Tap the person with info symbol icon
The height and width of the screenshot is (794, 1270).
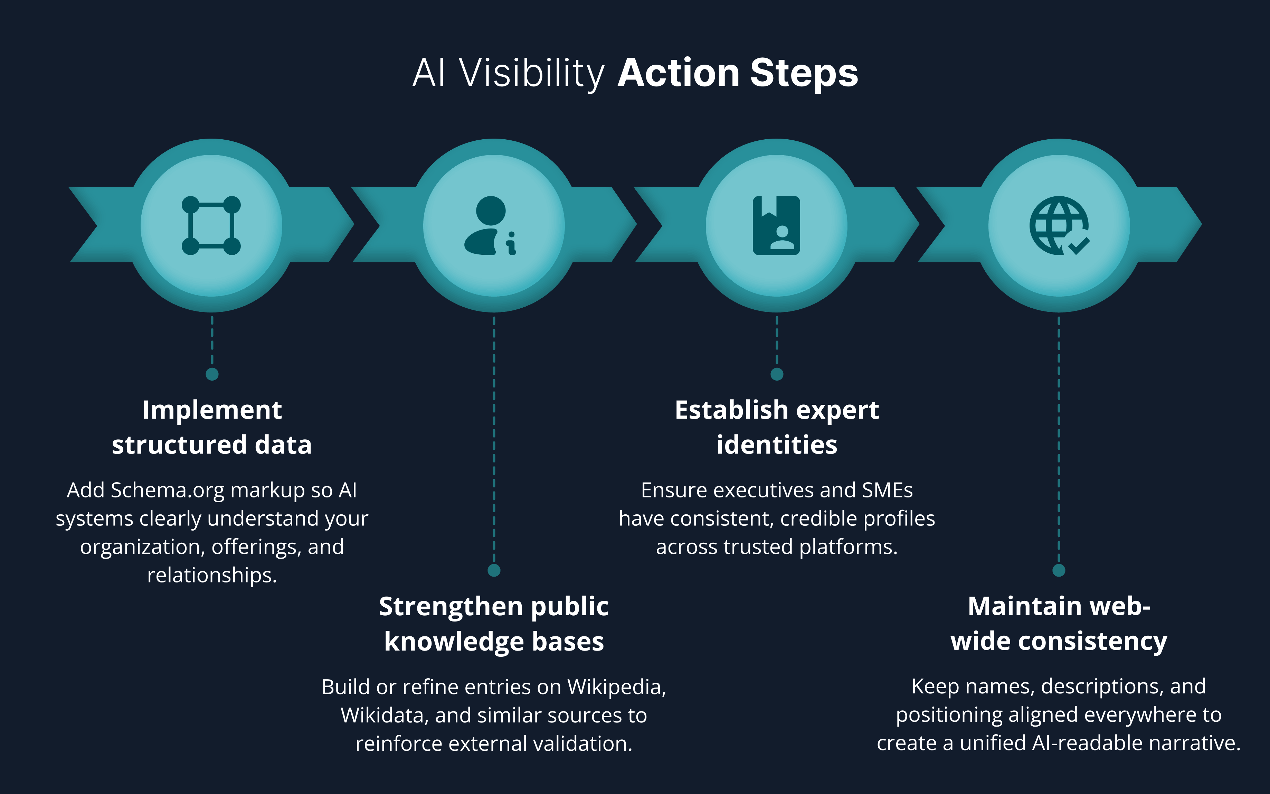click(x=490, y=226)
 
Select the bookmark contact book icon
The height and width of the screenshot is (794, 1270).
click(x=776, y=226)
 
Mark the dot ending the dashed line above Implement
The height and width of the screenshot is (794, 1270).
click(x=212, y=374)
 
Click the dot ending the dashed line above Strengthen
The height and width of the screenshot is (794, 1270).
click(x=494, y=570)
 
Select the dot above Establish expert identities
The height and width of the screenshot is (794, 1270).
click(x=777, y=374)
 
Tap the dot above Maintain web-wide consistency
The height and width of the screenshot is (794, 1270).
click(x=1059, y=570)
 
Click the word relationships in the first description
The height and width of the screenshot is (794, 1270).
click(x=212, y=576)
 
